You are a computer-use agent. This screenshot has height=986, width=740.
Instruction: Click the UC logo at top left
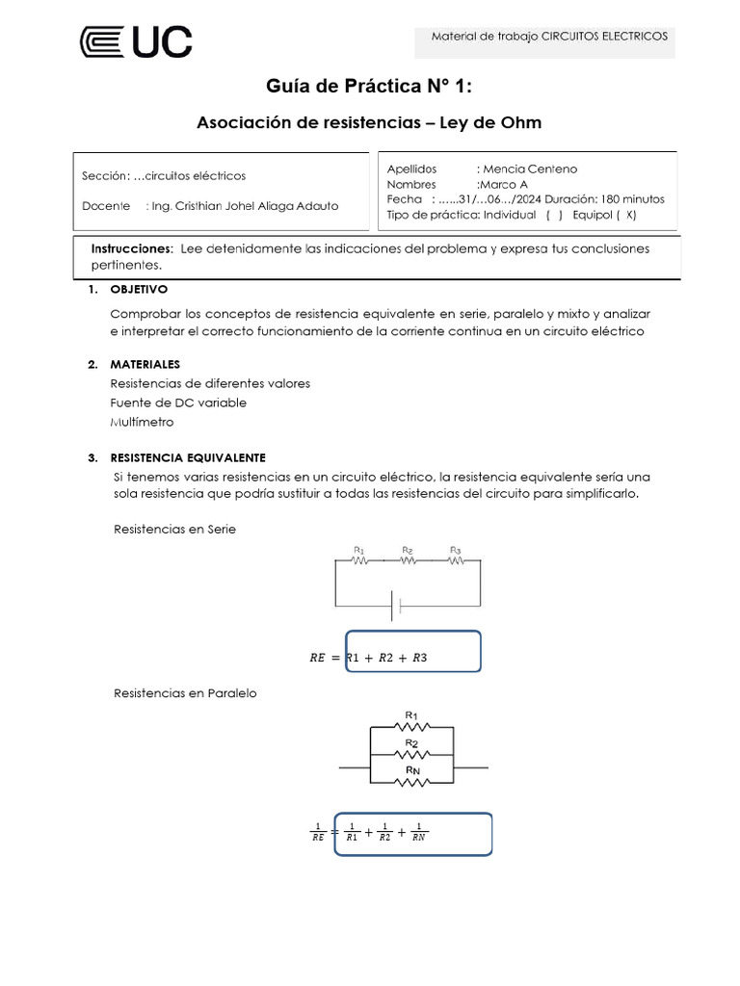coord(135,42)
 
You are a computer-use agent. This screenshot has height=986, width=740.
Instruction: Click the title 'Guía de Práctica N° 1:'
coord(369,88)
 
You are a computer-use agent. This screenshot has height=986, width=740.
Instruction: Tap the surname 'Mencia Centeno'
coord(530,169)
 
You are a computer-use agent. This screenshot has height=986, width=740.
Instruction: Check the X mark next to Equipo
coord(630,215)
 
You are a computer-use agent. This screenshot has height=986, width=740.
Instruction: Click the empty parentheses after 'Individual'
coord(554,215)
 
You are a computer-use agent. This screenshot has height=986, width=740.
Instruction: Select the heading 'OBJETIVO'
coord(139,289)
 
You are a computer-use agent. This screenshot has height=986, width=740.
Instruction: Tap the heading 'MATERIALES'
coord(145,365)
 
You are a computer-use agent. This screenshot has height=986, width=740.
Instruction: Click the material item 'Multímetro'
coord(142,422)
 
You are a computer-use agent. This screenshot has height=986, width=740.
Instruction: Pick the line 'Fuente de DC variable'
coord(178,402)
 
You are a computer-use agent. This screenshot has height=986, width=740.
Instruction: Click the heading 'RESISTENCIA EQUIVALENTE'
coord(188,457)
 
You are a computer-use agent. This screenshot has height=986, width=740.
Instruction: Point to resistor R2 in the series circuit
coord(408,559)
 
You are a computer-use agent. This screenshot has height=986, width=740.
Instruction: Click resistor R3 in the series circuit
coord(456,559)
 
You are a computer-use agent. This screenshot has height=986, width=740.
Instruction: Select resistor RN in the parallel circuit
coord(411,781)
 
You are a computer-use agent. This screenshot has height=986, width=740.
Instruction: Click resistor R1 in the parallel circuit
coord(411,727)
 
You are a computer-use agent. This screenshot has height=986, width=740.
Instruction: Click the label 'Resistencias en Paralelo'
coord(185,692)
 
